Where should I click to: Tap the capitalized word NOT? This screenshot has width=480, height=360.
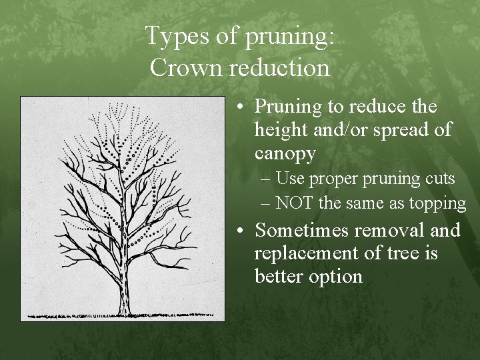295,203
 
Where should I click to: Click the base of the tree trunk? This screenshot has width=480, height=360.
125,310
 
